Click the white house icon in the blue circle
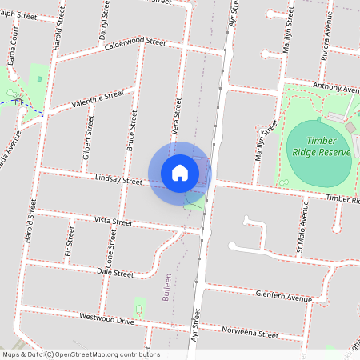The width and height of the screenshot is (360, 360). pyautogui.click(x=180, y=172)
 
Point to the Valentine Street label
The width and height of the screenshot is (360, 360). pyautogui.click(x=98, y=99)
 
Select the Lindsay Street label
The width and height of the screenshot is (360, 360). pyautogui.click(x=117, y=180)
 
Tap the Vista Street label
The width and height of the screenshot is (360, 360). pyautogui.click(x=113, y=221)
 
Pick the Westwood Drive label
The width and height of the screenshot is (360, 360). pyautogui.click(x=106, y=319)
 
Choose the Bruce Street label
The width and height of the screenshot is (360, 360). pyautogui.click(x=134, y=130)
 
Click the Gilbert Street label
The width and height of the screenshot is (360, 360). pyautogui.click(x=88, y=141)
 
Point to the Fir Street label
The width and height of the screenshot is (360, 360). pyautogui.click(x=70, y=242)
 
